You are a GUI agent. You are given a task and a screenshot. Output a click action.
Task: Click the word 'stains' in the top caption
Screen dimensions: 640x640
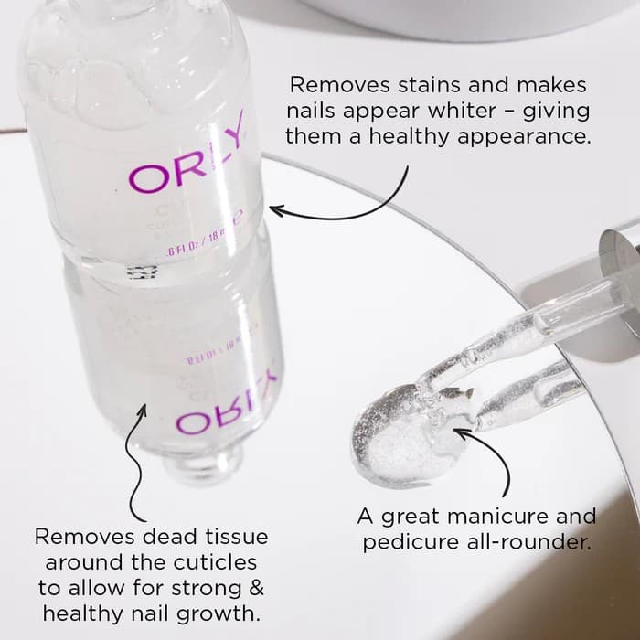coord(408,86)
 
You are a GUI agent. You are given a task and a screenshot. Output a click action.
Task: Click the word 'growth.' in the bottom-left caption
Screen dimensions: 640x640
coord(226,612)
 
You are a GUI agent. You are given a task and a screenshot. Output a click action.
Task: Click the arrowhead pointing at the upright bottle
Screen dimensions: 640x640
coord(275,212)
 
